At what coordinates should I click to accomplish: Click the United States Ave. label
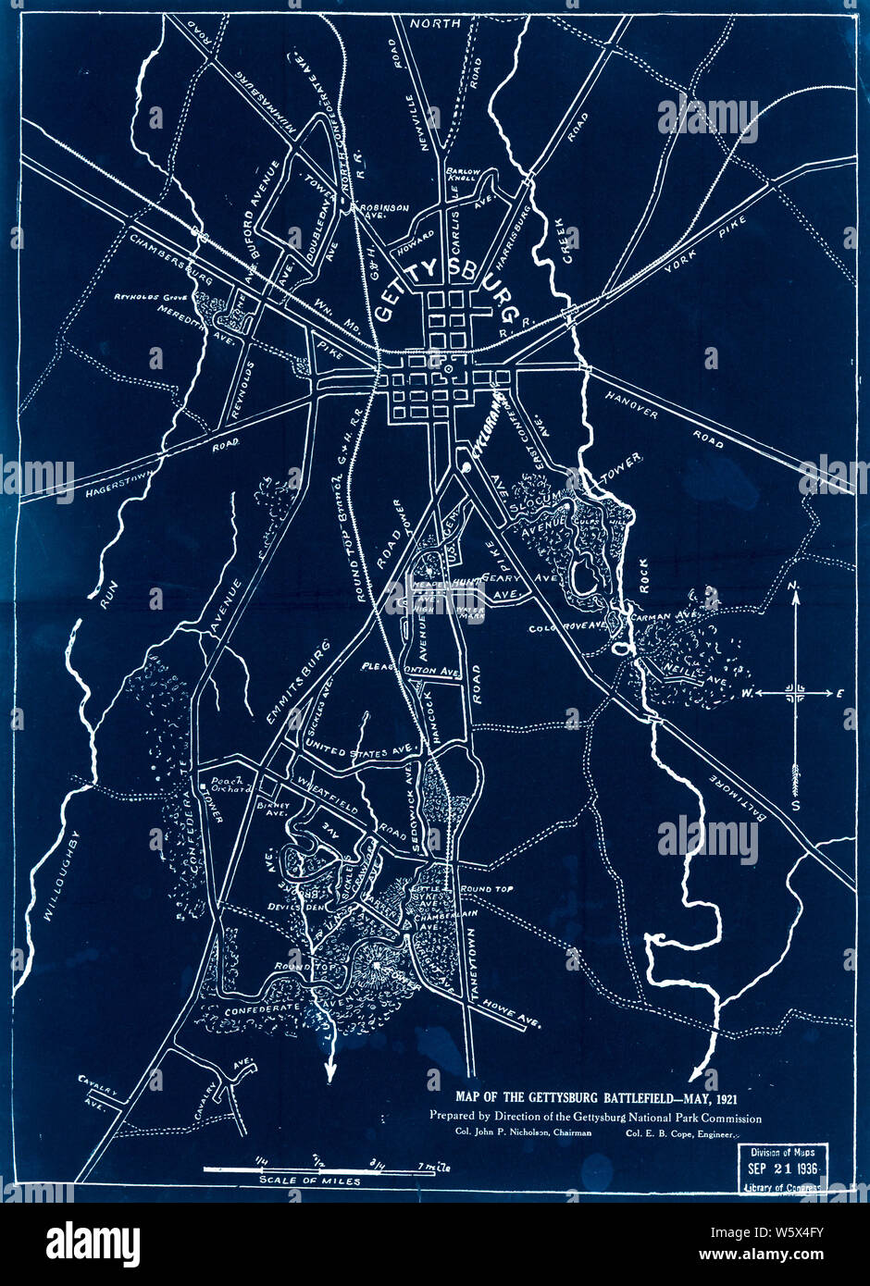point(356,752)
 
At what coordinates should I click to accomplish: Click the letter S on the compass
point(795,805)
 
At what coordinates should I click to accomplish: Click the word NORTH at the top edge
point(434,24)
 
